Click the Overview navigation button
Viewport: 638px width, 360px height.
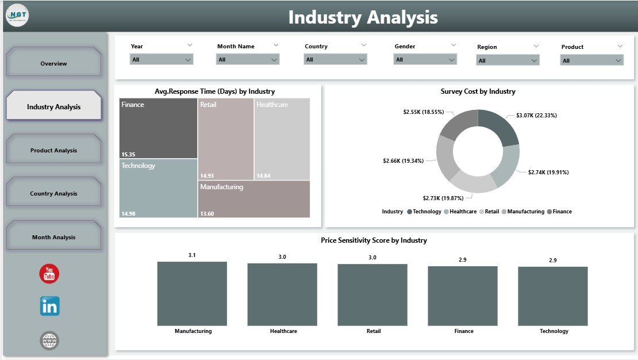53,63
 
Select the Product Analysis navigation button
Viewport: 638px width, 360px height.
53,150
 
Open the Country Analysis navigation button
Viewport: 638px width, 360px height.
53,194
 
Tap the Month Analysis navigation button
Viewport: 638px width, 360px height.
53,237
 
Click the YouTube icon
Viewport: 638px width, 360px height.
49,274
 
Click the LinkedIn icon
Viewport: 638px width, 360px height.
49,307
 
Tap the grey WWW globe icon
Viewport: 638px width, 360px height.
49,340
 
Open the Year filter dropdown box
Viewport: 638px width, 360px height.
162,59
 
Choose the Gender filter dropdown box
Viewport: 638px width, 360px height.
425,59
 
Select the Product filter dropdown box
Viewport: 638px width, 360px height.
592,60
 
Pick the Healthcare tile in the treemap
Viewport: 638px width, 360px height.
282,139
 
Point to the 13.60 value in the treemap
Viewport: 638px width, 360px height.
207,213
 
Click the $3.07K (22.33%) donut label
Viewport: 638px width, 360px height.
537,116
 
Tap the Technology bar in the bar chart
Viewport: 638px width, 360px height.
553,296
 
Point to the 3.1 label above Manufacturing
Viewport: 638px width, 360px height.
192,255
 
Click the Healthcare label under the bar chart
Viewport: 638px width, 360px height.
283,331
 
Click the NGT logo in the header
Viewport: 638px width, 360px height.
17,15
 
